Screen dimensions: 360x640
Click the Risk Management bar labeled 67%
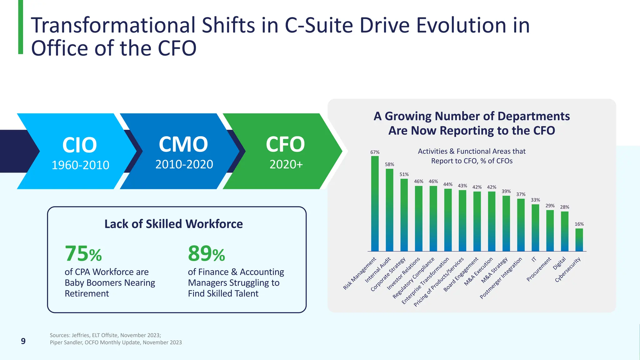pyautogui.click(x=375, y=203)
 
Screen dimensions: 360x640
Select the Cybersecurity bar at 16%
pyautogui.click(x=579, y=240)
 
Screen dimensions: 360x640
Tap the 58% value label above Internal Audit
pyautogui.click(x=389, y=164)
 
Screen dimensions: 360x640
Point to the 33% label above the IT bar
pyautogui.click(x=535, y=200)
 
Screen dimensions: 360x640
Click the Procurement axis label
pyautogui.click(x=539, y=270)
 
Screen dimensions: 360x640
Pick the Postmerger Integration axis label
pyautogui.click(x=501, y=278)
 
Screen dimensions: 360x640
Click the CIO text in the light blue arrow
pyautogui.click(x=79, y=145)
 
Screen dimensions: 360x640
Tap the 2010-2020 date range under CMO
pyautogui.click(x=184, y=164)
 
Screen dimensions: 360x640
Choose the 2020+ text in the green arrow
pyautogui.click(x=286, y=164)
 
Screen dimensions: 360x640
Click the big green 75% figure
pyautogui.click(x=83, y=253)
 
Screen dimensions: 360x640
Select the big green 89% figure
pyautogui.click(x=206, y=253)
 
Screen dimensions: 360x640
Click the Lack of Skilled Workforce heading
pyautogui.click(x=173, y=224)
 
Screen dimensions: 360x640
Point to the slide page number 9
pyautogui.click(x=23, y=341)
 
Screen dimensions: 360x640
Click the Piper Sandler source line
pyautogui.click(x=116, y=342)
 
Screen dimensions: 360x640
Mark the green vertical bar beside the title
pyautogui.click(x=21, y=27)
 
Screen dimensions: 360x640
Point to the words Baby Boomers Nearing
pyautogui.click(x=110, y=283)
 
